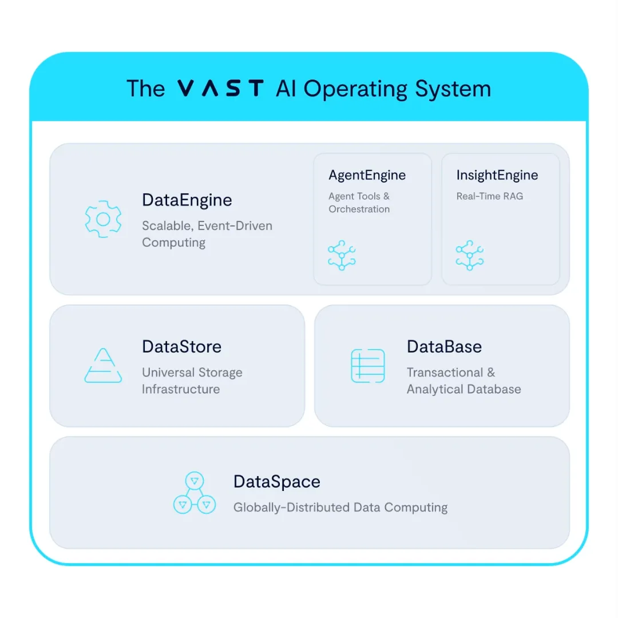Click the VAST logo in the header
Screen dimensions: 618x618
220,88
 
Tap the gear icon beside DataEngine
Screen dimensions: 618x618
103,219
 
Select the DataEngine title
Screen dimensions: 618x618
187,200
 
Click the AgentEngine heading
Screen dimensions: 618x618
367,176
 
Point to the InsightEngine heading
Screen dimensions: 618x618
497,175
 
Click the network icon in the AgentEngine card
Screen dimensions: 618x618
342,255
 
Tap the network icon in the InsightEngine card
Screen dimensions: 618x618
469,255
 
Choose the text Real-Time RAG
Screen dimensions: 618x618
489,196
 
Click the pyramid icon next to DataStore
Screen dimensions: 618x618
103,365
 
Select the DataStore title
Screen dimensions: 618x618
182,347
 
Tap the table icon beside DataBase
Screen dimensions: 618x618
368,366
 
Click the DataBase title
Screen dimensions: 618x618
444,347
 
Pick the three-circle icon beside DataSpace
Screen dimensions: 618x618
195,493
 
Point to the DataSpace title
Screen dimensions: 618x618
277,482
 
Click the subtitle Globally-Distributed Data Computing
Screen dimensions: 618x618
340,507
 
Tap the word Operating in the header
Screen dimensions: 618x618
355,89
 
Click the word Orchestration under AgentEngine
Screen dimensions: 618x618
359,209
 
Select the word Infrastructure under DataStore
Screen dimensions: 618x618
181,390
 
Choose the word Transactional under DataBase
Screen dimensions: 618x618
445,373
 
